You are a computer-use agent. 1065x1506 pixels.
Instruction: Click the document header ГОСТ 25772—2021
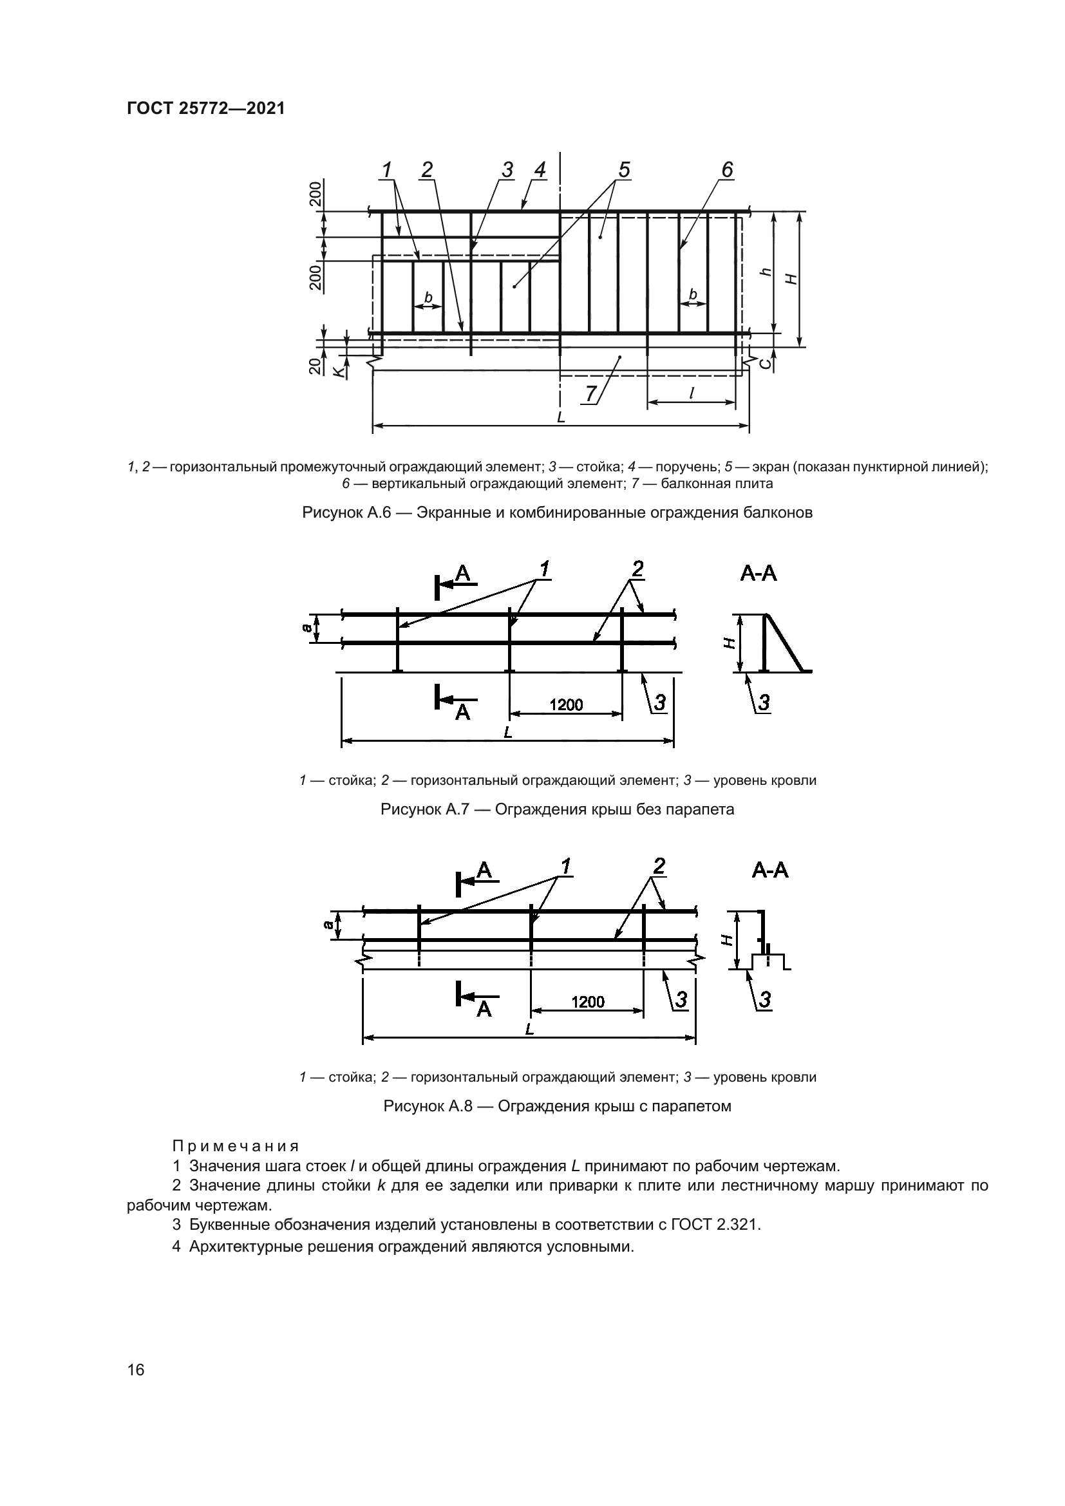(x=206, y=108)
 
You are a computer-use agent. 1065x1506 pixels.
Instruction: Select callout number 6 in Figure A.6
(x=726, y=169)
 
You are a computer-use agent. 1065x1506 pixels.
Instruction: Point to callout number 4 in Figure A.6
(x=540, y=169)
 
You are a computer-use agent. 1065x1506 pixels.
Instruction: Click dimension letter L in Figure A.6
(x=561, y=417)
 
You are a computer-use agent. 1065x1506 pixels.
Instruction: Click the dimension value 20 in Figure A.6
(x=317, y=364)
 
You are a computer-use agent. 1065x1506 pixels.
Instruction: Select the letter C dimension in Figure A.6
(x=765, y=363)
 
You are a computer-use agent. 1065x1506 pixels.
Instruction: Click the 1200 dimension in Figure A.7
(x=566, y=704)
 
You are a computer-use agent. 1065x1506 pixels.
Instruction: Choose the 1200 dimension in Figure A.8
(x=588, y=1002)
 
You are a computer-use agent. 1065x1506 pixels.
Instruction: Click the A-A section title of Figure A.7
(x=759, y=574)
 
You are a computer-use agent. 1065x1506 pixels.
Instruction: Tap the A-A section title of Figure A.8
(x=770, y=871)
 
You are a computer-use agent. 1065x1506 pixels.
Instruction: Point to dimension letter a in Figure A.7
(x=306, y=628)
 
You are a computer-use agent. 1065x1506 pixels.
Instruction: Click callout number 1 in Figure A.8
(x=565, y=867)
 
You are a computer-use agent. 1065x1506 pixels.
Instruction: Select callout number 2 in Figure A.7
(x=637, y=569)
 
